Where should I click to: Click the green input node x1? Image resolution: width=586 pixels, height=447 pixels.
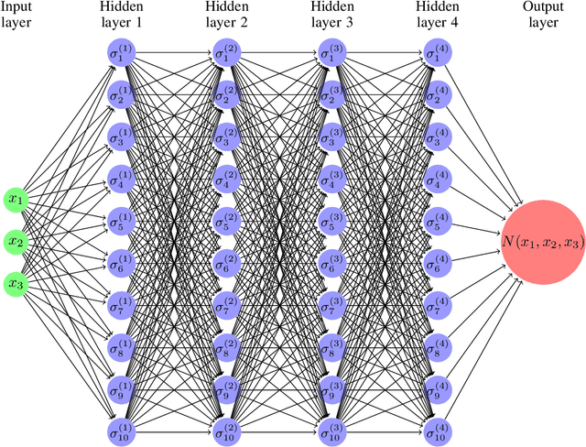point(16,198)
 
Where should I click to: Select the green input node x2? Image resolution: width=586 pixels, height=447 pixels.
point(16,241)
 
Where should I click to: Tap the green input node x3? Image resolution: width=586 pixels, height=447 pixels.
point(16,283)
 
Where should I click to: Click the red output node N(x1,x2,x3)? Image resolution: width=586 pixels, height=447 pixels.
point(542,242)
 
